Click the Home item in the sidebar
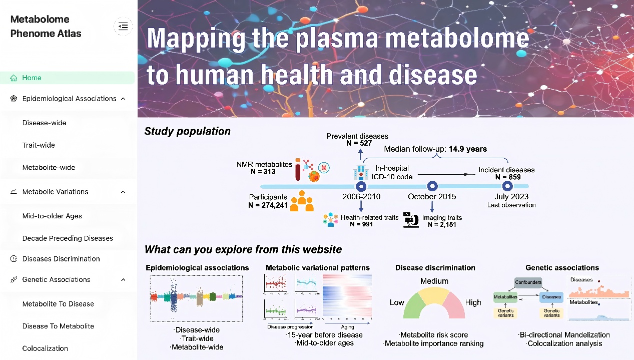32,78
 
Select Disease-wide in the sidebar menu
44,123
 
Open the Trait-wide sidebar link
39,145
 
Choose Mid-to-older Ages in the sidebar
52,216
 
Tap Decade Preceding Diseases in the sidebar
68,238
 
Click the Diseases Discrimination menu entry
61,259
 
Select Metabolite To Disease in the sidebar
58,304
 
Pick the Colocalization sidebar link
45,348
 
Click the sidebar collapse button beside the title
123,27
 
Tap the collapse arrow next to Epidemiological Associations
123,99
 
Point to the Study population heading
187,131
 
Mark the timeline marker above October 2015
432,186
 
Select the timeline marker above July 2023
507,186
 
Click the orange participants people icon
302,200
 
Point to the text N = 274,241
268,205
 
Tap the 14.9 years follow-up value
467,149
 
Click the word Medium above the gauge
434,281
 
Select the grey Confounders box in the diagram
528,283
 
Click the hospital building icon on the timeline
360,172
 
